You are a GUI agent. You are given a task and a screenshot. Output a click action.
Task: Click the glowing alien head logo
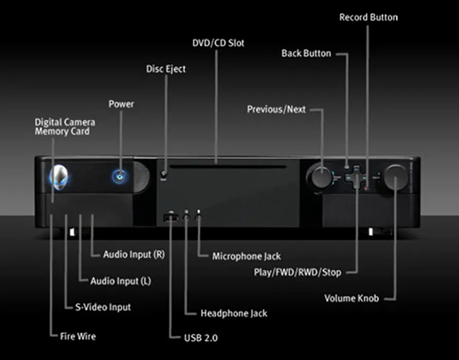pos(59,177)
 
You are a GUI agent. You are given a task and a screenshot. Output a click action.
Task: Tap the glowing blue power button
pos(119,176)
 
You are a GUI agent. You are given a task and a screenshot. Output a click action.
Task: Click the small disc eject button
pos(164,174)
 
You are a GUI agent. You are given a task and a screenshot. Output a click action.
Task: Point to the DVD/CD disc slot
pos(228,167)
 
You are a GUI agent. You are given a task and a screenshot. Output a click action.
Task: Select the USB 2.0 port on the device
pos(171,218)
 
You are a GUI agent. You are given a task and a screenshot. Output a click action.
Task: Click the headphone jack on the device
pos(187,218)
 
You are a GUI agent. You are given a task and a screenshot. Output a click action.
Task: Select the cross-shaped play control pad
pos(356,177)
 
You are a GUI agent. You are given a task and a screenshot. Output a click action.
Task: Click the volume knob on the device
pos(396,177)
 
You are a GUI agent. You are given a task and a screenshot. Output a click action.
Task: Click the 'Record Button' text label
pos(369,17)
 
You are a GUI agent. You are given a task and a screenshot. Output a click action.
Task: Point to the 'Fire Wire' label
pos(78,336)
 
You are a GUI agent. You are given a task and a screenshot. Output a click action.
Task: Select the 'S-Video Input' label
pos(103,307)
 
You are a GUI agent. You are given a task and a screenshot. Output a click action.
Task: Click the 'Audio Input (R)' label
pos(134,254)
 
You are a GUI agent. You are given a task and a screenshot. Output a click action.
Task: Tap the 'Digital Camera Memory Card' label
pos(65,127)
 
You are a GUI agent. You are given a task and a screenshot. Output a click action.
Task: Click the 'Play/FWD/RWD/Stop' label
pos(298,273)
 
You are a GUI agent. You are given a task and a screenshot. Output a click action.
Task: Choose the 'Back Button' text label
pos(306,53)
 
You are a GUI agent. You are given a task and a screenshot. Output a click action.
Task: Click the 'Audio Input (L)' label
pos(121,281)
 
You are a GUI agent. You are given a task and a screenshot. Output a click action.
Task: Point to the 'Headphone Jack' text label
pos(234,313)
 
